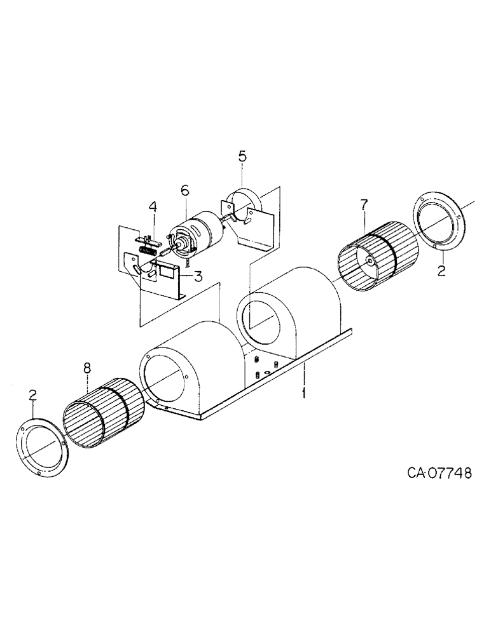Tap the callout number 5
pos(242,156)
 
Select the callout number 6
pos(184,189)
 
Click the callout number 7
pos(363,204)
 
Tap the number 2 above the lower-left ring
pos(33,396)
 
